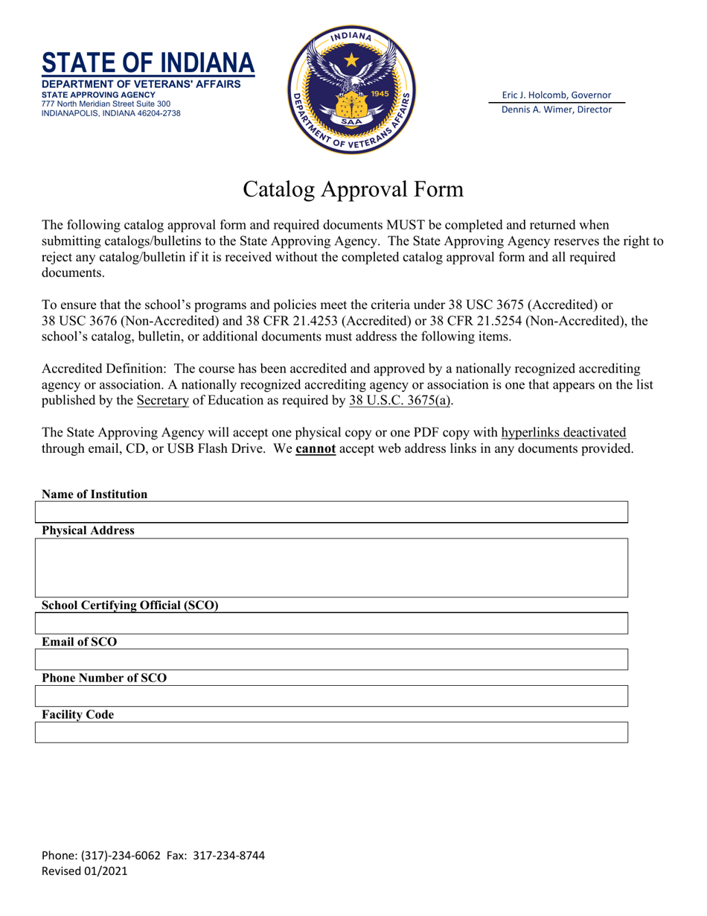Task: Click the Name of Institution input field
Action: [331, 512]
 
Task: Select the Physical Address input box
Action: [331, 567]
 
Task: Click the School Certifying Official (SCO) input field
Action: [331, 623]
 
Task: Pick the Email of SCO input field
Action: [331, 660]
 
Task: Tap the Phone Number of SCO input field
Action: [331, 696]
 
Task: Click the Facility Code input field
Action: [331, 732]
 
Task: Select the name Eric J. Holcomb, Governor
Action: [557, 95]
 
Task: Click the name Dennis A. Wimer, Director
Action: [557, 109]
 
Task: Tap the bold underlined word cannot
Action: [316, 449]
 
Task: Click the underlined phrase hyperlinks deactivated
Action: [563, 432]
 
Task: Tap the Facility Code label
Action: [78, 715]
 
